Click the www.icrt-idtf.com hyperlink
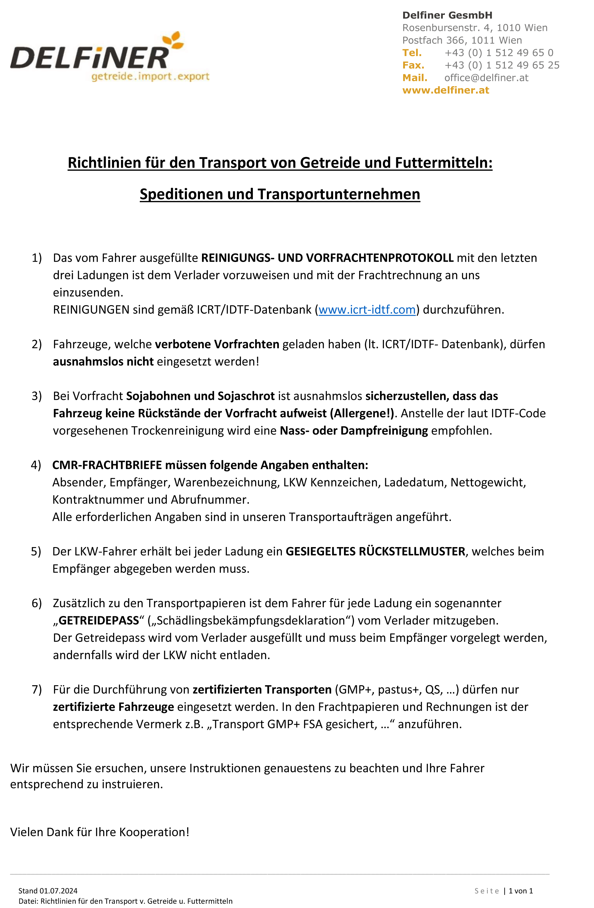(367, 309)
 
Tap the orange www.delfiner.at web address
(445, 90)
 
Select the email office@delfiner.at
(486, 78)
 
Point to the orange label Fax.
(413, 65)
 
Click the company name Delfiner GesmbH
(447, 15)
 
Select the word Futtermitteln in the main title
(443, 163)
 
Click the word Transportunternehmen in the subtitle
(339, 194)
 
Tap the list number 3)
(37, 396)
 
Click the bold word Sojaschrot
(246, 396)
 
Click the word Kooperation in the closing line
(154, 832)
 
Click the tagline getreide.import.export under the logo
(150, 77)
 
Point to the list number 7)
(37, 690)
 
